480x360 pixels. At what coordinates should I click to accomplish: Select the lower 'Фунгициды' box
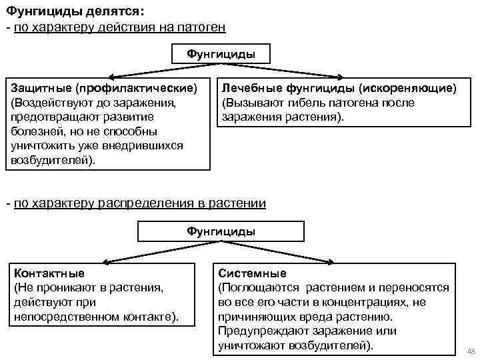[221, 231]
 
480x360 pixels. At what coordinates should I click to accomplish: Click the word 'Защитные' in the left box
[40, 88]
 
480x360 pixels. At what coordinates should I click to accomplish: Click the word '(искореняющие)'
[407, 88]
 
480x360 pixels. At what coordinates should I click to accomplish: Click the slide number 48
[471, 351]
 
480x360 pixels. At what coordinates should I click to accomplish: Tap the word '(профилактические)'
[136, 88]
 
